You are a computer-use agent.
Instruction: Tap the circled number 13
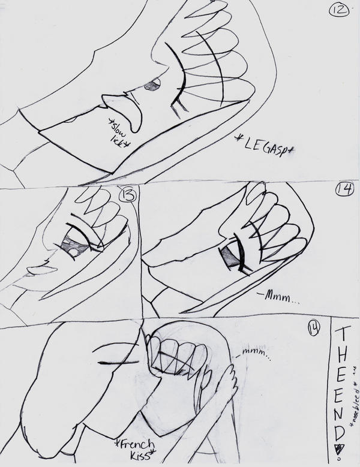pyautogui.click(x=127, y=196)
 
